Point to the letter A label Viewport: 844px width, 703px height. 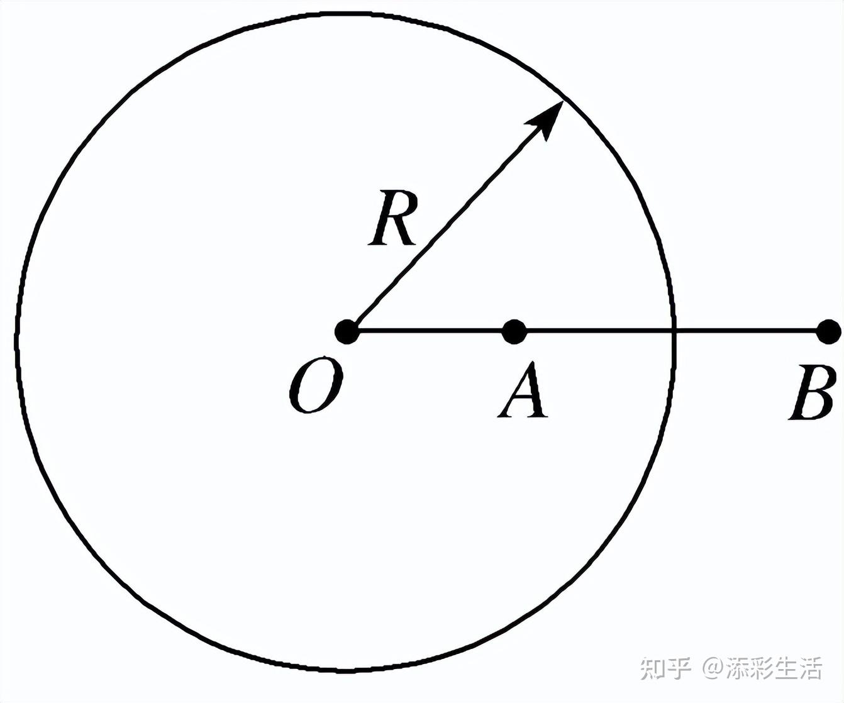[x=523, y=390]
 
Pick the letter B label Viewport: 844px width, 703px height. [x=812, y=392]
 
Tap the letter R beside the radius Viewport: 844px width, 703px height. [x=392, y=218]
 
